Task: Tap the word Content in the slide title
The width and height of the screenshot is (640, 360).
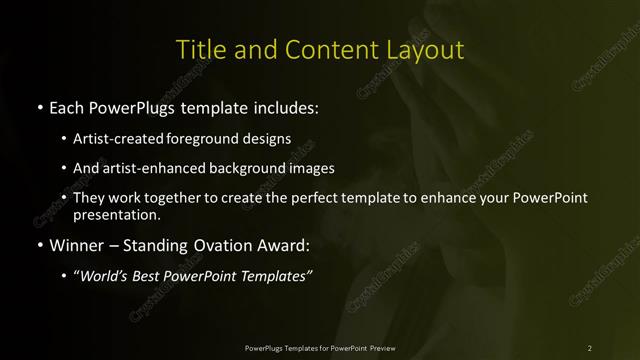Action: tap(326, 49)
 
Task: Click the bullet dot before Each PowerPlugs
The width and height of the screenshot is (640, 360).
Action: tap(38, 105)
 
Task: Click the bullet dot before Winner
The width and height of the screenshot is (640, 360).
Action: tap(38, 244)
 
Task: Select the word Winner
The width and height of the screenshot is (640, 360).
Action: tap(73, 244)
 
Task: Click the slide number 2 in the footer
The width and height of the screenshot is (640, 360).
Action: tap(590, 347)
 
